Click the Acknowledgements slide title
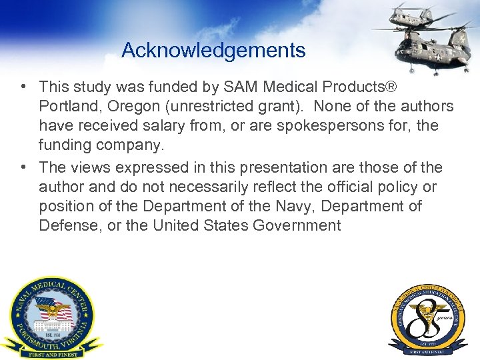click(213, 50)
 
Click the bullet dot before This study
click(23, 87)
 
